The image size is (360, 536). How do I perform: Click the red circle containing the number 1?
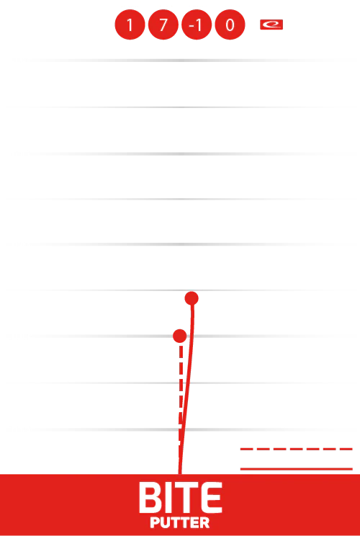(130, 24)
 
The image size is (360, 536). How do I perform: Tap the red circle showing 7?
(163, 24)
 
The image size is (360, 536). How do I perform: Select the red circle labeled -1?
(197, 24)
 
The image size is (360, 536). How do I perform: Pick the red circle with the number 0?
(230, 24)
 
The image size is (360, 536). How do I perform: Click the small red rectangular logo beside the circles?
(271, 24)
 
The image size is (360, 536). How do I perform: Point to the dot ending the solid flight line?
(192, 298)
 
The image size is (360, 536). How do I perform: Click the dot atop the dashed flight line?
(180, 336)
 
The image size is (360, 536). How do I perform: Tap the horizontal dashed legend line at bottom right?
(296, 449)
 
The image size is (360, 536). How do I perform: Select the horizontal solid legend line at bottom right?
(296, 469)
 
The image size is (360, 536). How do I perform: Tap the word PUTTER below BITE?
(180, 523)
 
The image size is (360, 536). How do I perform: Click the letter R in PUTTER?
(205, 523)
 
